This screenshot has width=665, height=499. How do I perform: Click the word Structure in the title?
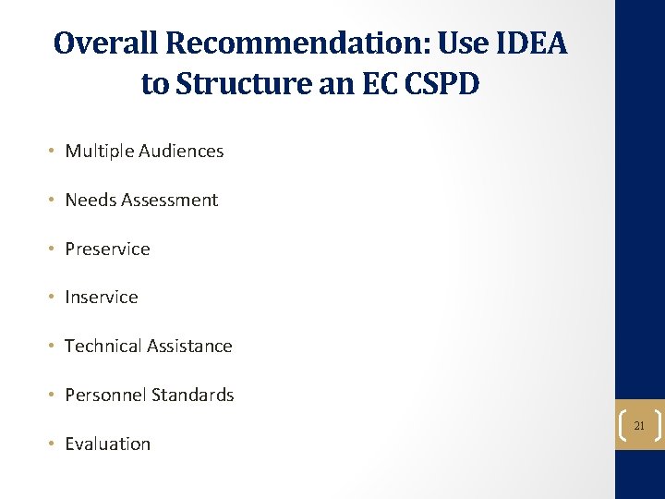[x=242, y=83]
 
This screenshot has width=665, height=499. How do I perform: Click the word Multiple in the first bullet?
[x=100, y=151]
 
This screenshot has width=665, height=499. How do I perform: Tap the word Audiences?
[x=181, y=151]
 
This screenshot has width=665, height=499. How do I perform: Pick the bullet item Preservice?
[x=107, y=249]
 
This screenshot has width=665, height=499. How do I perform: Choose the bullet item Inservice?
[x=102, y=297]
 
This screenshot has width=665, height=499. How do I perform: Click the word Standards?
[x=193, y=395]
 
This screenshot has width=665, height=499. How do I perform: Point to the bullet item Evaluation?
[x=107, y=444]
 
